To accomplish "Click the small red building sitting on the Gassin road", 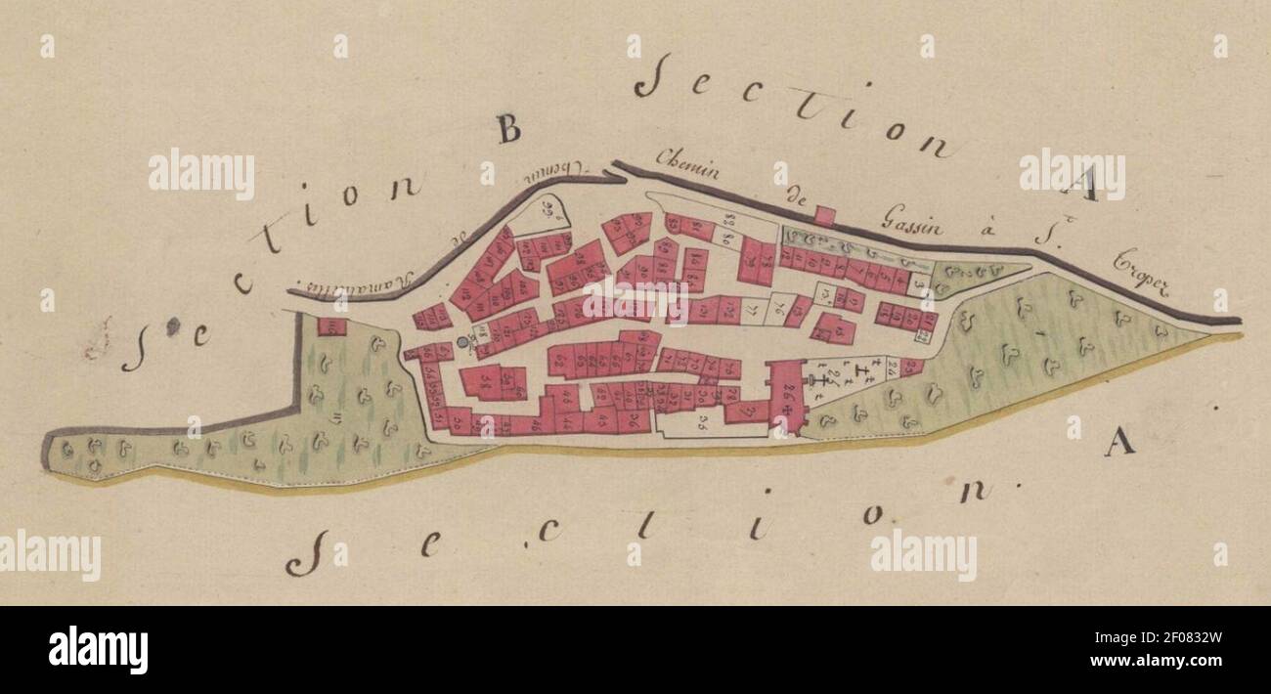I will click(x=824, y=216).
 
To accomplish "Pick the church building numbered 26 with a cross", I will click(x=786, y=395).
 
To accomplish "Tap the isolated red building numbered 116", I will click(x=331, y=326).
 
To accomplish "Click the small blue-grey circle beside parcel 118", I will click(x=462, y=343).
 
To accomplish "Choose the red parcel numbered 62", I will click(x=559, y=362).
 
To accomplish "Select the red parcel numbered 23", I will click(x=910, y=368).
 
